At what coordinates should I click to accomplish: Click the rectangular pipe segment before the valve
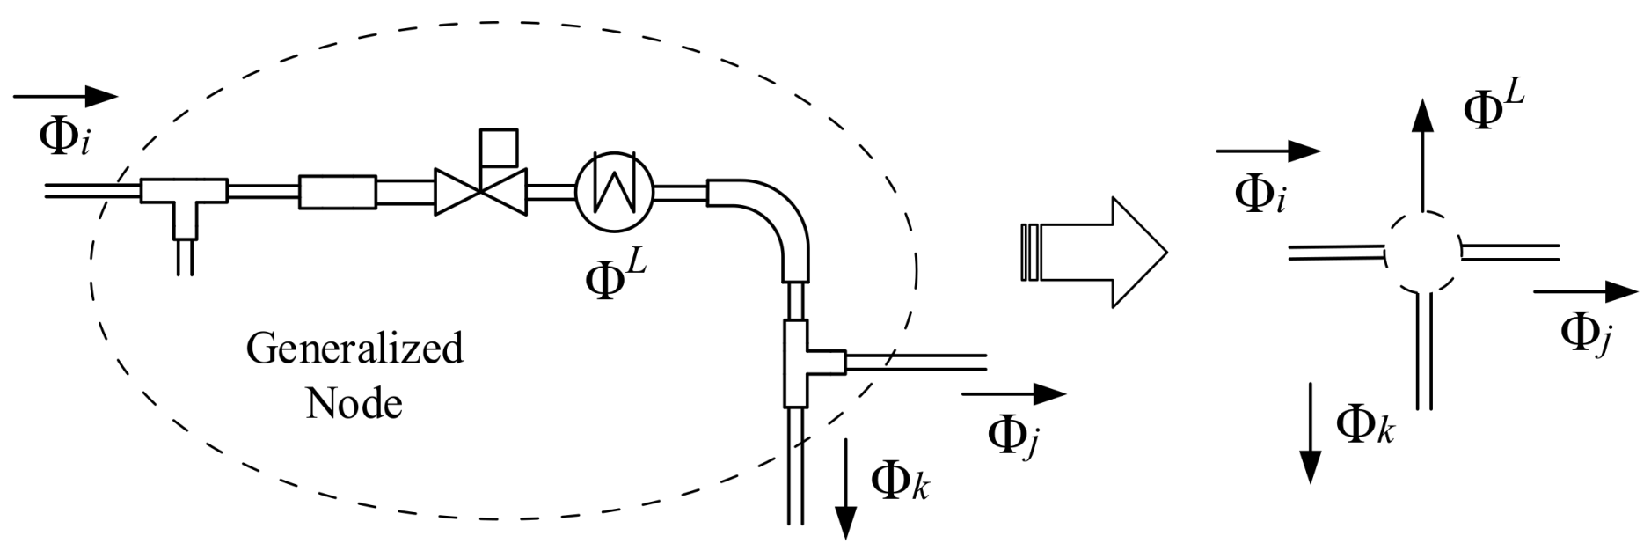[338, 192]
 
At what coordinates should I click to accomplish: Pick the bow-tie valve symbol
[480, 192]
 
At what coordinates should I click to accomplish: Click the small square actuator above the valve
[498, 147]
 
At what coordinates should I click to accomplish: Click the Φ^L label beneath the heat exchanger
[616, 277]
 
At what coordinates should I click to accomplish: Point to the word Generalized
[354, 349]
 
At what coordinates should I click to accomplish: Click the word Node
[354, 404]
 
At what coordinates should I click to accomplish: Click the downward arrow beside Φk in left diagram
[845, 488]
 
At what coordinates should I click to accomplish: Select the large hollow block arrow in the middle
[1095, 253]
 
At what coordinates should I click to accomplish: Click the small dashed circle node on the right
[1421, 253]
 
